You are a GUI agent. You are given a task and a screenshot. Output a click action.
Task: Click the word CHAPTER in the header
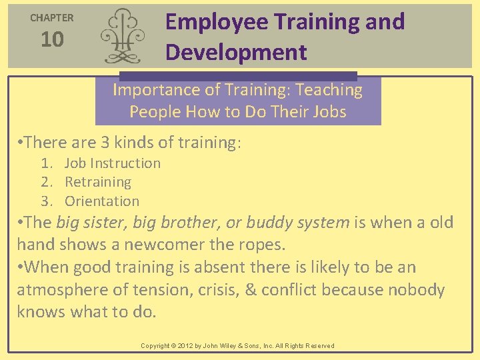pos(52,18)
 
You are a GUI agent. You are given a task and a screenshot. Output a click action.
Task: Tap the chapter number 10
pos(52,40)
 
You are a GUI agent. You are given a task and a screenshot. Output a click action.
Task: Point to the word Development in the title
pos(236,52)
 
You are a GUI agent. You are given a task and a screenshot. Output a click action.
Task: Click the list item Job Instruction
pos(113,163)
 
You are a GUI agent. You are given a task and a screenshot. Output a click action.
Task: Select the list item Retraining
pos(98,182)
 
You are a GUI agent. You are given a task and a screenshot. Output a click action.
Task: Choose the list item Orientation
pos(102,201)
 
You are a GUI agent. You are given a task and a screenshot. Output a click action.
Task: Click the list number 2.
pos(45,182)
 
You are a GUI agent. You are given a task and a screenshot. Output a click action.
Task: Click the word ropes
pos(262,245)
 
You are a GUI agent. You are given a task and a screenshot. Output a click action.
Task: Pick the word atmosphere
pos(63,290)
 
